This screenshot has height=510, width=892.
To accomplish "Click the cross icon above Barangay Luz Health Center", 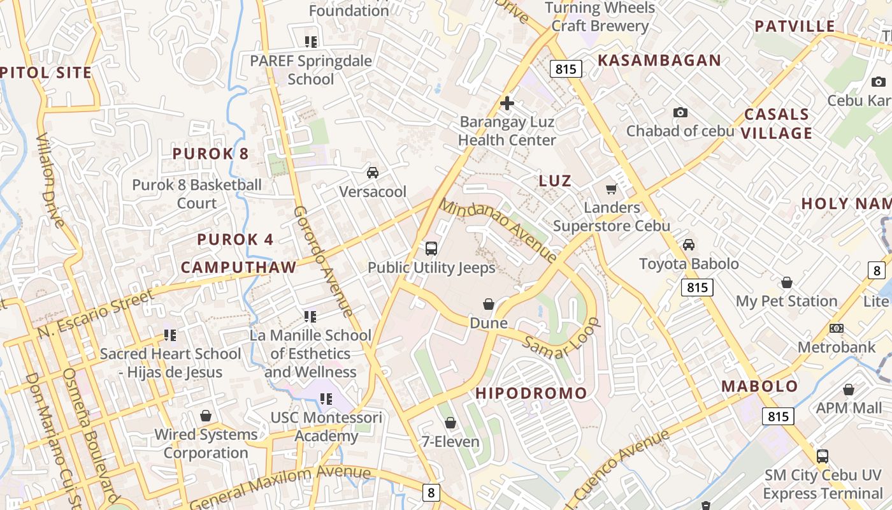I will [507, 103].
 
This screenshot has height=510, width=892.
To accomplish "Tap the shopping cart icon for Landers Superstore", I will [612, 189].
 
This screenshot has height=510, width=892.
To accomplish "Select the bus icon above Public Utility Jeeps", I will [431, 248].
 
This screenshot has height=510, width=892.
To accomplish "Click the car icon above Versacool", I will [373, 172].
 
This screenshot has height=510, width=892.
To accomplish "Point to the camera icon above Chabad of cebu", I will [680, 112].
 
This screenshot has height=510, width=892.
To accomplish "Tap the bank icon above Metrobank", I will [837, 328].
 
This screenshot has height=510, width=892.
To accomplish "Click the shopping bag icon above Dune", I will [489, 304].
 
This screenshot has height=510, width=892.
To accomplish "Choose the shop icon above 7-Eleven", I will [450, 422].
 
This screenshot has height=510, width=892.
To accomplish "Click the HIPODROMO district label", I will [531, 393].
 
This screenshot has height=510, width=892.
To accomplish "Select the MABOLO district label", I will [759, 386].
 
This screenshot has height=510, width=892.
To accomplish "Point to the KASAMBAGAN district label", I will [659, 61].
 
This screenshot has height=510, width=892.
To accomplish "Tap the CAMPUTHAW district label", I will [239, 267].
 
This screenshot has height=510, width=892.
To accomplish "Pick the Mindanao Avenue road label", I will [498, 231].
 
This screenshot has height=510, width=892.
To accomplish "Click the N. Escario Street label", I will [96, 314].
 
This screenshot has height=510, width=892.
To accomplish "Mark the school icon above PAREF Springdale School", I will [311, 42].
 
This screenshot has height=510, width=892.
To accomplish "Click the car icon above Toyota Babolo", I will [689, 245].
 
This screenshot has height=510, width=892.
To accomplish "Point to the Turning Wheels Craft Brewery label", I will [600, 17].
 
